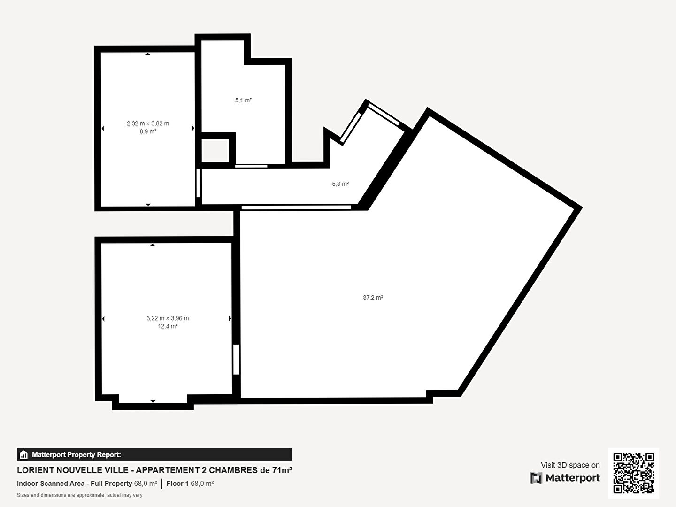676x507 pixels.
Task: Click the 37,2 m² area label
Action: click(x=373, y=297)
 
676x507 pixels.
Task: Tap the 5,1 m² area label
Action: click(x=243, y=100)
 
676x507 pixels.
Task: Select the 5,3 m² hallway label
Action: click(x=340, y=184)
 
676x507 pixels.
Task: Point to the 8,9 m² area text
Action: click(x=148, y=131)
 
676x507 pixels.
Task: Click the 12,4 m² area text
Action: click(x=168, y=326)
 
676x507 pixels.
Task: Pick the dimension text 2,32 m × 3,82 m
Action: click(x=148, y=123)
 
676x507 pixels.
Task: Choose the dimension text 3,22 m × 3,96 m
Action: click(x=168, y=318)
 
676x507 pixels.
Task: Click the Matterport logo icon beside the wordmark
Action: click(x=536, y=478)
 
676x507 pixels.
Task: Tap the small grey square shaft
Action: click(x=215, y=151)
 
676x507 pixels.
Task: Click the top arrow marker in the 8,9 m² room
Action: click(x=148, y=54)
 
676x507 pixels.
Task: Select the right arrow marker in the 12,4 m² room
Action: click(x=230, y=319)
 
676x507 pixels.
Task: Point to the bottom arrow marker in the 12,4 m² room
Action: click(x=153, y=401)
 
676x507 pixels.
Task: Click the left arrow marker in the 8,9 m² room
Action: click(x=103, y=128)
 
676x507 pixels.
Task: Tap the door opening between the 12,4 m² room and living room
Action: click(x=236, y=360)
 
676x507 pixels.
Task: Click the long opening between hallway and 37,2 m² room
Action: click(x=296, y=207)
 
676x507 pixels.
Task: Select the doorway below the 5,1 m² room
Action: click(x=251, y=166)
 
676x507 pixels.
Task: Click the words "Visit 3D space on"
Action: click(x=570, y=465)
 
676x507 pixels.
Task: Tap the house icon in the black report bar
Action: click(x=24, y=455)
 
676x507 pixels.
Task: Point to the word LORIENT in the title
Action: click(x=35, y=470)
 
